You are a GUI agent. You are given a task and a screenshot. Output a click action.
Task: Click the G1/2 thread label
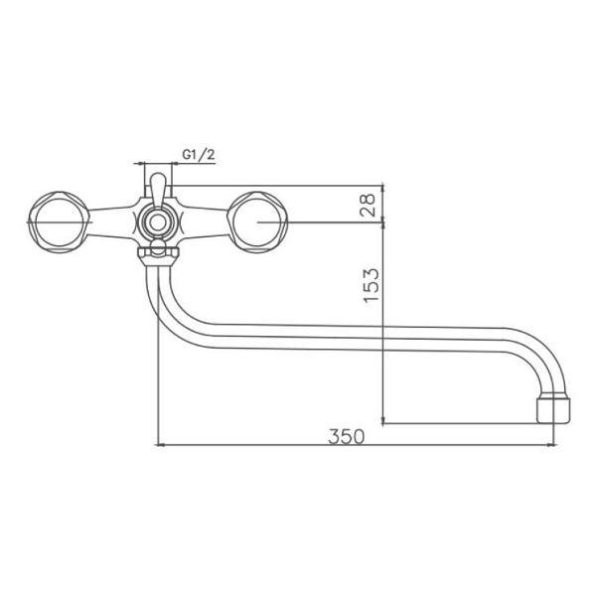point(199,154)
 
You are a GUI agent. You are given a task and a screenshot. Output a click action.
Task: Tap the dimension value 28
point(368,205)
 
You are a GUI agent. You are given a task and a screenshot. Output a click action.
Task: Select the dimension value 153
point(372,285)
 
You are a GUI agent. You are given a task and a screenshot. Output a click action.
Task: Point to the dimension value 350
point(346,436)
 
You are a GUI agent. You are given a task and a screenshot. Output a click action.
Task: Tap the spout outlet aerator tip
point(553,410)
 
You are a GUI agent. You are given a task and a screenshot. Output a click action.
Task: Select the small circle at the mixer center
point(158,223)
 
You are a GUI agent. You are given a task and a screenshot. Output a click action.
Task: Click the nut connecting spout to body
point(158,255)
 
